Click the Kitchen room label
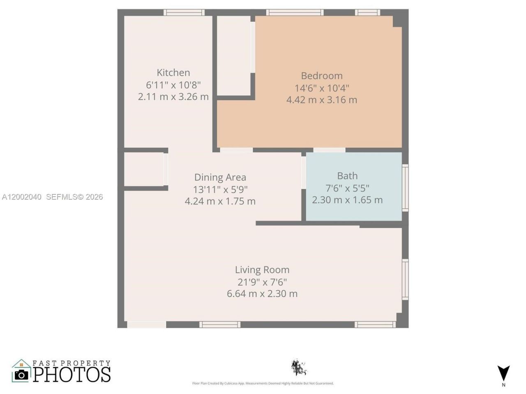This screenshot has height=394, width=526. [173, 73]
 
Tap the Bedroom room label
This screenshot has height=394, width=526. [322, 76]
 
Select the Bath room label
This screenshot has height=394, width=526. [347, 176]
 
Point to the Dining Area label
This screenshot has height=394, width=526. [220, 177]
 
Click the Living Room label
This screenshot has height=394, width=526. [262, 270]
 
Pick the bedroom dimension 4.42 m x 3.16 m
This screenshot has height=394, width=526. [322, 100]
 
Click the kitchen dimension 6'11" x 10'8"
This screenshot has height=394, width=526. [173, 85]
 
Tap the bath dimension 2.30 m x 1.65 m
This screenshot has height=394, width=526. [347, 200]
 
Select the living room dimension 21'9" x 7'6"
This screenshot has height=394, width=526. [262, 282]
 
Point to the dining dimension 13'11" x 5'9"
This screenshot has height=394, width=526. [220, 189]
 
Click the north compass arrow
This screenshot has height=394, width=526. [503, 371]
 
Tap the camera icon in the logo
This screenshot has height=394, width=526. [21, 374]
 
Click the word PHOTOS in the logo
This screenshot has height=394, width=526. [72, 374]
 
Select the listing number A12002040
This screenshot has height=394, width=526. [22, 197]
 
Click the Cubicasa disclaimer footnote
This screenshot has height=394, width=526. [263, 383]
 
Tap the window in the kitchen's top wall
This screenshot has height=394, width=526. [184, 12]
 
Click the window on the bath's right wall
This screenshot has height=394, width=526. [405, 188]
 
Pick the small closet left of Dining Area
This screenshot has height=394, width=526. [143, 169]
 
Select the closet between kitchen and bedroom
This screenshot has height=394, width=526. [233, 55]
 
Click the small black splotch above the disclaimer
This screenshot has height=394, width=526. [298, 367]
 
